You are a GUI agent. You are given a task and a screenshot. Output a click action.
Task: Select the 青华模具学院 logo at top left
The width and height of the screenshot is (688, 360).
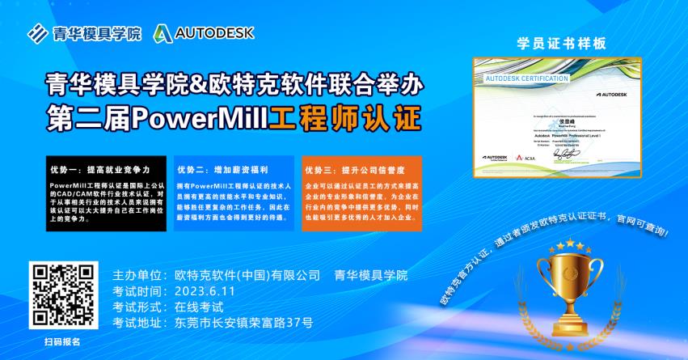(x=84, y=33)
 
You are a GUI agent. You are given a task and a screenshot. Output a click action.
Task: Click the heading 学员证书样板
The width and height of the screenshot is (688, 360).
(x=560, y=43)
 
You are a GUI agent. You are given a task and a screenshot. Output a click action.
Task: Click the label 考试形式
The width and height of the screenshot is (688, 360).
(x=139, y=307)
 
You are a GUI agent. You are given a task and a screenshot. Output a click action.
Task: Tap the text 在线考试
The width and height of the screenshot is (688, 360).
(x=198, y=307)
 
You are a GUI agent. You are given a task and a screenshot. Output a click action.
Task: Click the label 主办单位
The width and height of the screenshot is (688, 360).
(x=139, y=275)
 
